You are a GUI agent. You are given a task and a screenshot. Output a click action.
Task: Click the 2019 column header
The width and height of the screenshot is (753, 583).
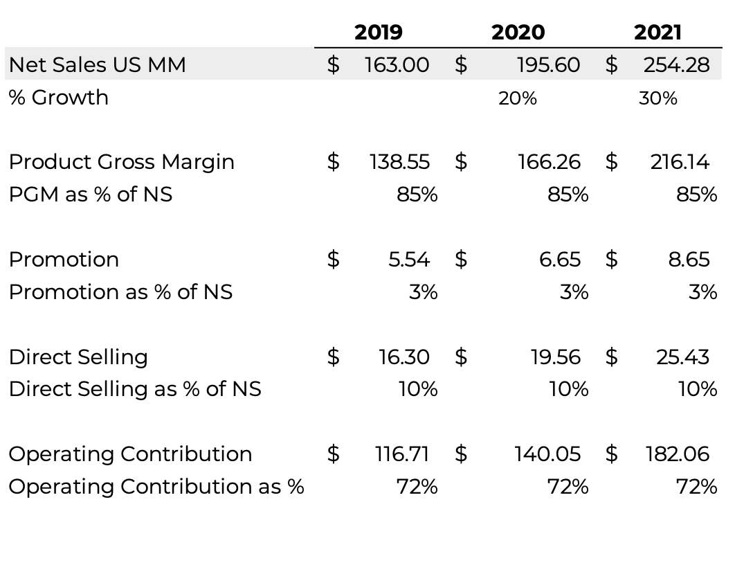point(378,32)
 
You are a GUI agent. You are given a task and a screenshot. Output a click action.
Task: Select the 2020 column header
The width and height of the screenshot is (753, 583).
point(518,32)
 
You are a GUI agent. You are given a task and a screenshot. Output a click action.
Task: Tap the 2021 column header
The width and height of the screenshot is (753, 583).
point(657,32)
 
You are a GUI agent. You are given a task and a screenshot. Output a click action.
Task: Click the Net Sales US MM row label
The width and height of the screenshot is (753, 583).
point(97,64)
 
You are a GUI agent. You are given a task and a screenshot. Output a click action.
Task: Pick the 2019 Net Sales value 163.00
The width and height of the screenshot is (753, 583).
point(397,64)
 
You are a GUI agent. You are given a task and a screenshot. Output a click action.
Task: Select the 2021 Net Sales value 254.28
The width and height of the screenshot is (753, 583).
point(676,64)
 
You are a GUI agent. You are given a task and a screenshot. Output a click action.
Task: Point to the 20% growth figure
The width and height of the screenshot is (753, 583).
point(518,98)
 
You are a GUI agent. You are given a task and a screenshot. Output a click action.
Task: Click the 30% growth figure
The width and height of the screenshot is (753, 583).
point(658,98)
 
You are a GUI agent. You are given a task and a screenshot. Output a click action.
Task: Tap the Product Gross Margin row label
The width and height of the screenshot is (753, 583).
point(121,161)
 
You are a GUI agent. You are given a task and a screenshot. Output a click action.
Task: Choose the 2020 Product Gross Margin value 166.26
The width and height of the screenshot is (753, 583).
point(549,161)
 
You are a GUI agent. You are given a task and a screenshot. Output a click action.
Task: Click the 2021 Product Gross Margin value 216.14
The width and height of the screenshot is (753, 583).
point(680,161)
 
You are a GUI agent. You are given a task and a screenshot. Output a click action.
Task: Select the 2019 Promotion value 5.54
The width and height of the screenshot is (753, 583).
point(409,259)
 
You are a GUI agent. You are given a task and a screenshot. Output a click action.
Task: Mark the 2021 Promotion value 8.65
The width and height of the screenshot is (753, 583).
point(689,259)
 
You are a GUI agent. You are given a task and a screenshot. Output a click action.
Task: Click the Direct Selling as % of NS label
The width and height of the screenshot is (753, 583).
point(135,389)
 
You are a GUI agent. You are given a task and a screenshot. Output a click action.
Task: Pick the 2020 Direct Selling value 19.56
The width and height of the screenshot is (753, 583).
point(555,357)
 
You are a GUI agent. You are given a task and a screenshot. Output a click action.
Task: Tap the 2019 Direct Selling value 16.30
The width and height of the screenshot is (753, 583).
point(403,357)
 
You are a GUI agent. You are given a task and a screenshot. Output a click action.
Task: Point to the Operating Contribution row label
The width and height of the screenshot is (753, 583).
point(130,454)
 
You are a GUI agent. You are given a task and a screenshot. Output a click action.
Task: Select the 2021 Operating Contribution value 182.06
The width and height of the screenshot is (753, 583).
point(677,454)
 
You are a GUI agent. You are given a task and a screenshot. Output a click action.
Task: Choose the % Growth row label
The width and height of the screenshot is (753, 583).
point(59,97)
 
